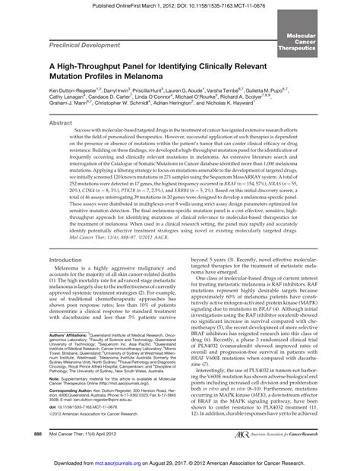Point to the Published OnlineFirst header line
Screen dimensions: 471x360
coord(179,5)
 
